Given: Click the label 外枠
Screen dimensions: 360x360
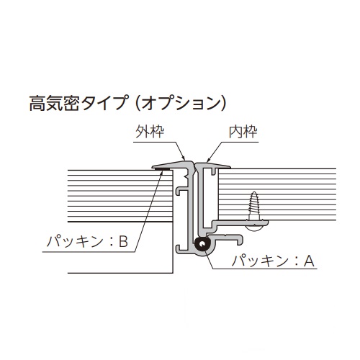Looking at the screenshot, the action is pos(150,132).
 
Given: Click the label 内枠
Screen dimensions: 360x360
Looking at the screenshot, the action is pos(243,132).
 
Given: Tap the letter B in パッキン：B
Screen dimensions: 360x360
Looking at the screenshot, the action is pos(123,241).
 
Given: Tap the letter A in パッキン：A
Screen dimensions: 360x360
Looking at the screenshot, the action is pos(309,261).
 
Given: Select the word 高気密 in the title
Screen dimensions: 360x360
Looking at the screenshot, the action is pos(54,104).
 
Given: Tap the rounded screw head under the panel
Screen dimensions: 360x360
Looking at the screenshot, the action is pos(254,228).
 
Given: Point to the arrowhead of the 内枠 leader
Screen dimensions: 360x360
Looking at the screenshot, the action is pos(208,159).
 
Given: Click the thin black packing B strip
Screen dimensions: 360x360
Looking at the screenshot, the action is pos(162,169).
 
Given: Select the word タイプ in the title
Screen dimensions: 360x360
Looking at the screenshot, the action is pos(104,104).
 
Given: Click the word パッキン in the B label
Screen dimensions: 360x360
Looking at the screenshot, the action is pos(75,241).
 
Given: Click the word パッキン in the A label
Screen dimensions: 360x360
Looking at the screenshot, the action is pos(260,261).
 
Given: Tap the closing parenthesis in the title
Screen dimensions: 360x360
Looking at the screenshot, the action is pos(223,104).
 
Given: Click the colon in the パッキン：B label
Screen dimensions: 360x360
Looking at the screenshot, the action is pos(111,242).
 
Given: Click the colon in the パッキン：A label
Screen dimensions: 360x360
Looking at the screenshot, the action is pos(296,261).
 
